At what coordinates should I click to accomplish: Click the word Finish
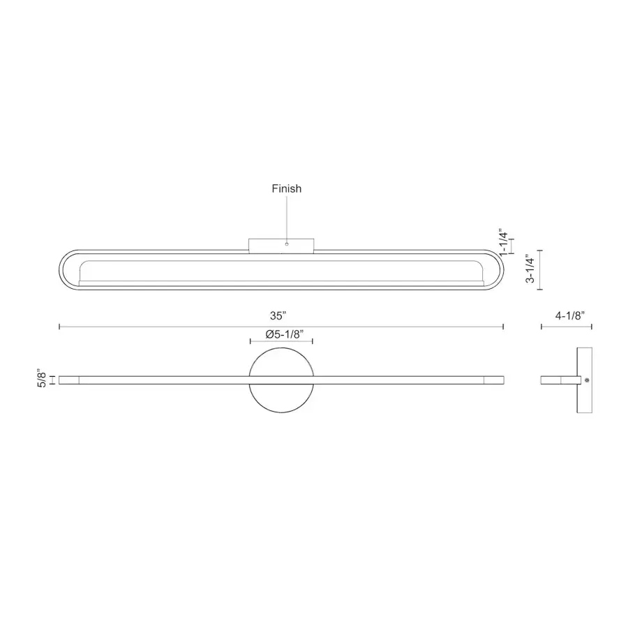(286, 188)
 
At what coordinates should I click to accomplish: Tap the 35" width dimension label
(281, 315)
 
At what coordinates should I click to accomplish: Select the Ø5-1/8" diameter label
(281, 334)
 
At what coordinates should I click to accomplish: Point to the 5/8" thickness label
(43, 380)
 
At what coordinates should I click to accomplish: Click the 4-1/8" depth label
(569, 315)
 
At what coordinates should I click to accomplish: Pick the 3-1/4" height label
(532, 269)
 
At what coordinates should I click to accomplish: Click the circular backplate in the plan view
(281, 401)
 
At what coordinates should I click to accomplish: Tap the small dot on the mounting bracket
(287, 244)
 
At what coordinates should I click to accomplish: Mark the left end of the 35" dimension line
(59, 326)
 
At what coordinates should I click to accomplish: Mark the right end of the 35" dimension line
(503, 326)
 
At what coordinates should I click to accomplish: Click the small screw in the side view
(588, 380)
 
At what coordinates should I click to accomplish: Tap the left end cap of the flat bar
(69, 380)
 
